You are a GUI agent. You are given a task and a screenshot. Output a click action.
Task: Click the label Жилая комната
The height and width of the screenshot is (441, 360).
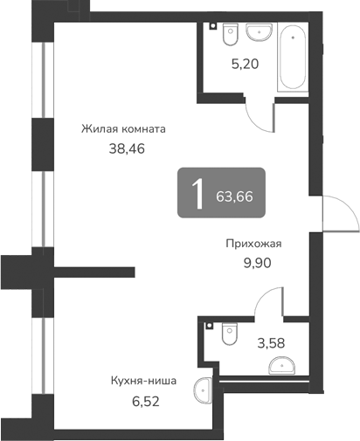[123, 128]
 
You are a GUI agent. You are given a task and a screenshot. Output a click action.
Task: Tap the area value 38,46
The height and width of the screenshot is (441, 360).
[123, 148]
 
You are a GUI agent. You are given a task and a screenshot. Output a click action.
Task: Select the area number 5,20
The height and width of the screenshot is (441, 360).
[244, 64]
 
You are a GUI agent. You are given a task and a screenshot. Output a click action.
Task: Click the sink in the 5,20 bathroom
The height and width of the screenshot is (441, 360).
[258, 32]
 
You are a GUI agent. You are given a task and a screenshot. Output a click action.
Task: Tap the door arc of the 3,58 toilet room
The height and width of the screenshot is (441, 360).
[267, 306]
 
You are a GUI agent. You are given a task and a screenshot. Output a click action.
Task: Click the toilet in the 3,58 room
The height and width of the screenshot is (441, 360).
[230, 333]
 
